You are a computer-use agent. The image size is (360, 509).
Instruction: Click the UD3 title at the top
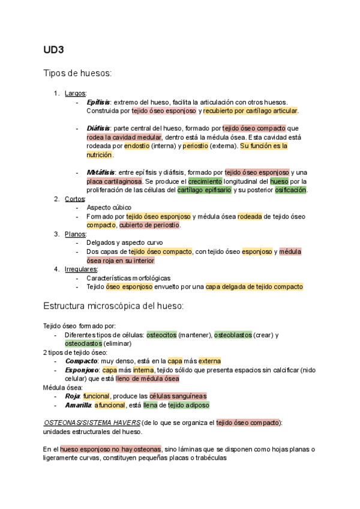[53, 49]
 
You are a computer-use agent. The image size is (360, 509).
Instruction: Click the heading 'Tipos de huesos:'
[77, 73]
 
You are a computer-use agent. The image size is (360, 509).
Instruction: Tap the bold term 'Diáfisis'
[98, 128]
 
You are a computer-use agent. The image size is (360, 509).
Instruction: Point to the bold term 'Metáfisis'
[100, 172]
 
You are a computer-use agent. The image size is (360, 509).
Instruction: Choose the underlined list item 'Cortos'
[75, 199]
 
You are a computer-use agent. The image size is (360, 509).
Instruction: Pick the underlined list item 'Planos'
[76, 234]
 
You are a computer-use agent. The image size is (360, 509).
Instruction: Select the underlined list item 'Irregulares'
[81, 269]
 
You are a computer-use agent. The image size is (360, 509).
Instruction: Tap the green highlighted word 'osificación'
[290, 190]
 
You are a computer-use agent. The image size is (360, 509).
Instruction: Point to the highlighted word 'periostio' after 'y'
[195, 146]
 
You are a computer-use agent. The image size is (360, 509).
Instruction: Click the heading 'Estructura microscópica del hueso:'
[113, 306]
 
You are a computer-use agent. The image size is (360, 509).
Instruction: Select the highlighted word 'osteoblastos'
[233, 335]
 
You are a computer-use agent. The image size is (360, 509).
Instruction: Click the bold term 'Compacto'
[82, 361]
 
